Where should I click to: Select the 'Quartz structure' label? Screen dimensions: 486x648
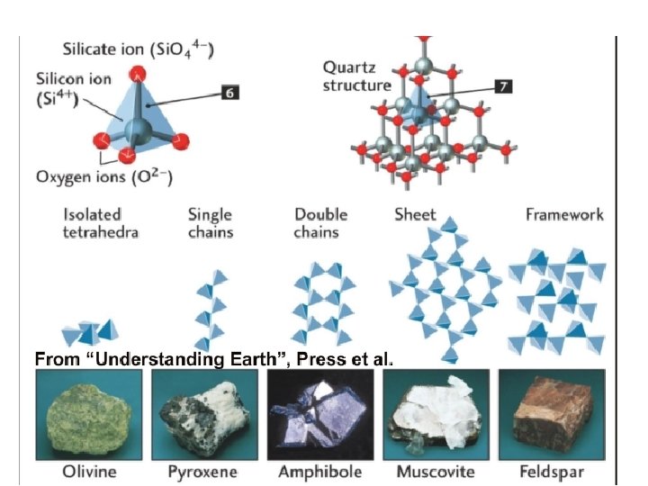[x=357, y=76]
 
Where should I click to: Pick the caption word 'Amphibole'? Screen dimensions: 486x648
[x=320, y=472]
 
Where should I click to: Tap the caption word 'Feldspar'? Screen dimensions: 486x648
[x=552, y=472]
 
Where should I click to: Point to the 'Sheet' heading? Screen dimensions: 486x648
[x=415, y=215]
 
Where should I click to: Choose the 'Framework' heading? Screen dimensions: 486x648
[x=564, y=215]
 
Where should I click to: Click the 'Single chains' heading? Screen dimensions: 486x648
[x=210, y=223]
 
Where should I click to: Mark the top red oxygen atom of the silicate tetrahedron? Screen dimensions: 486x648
[x=138, y=75]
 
